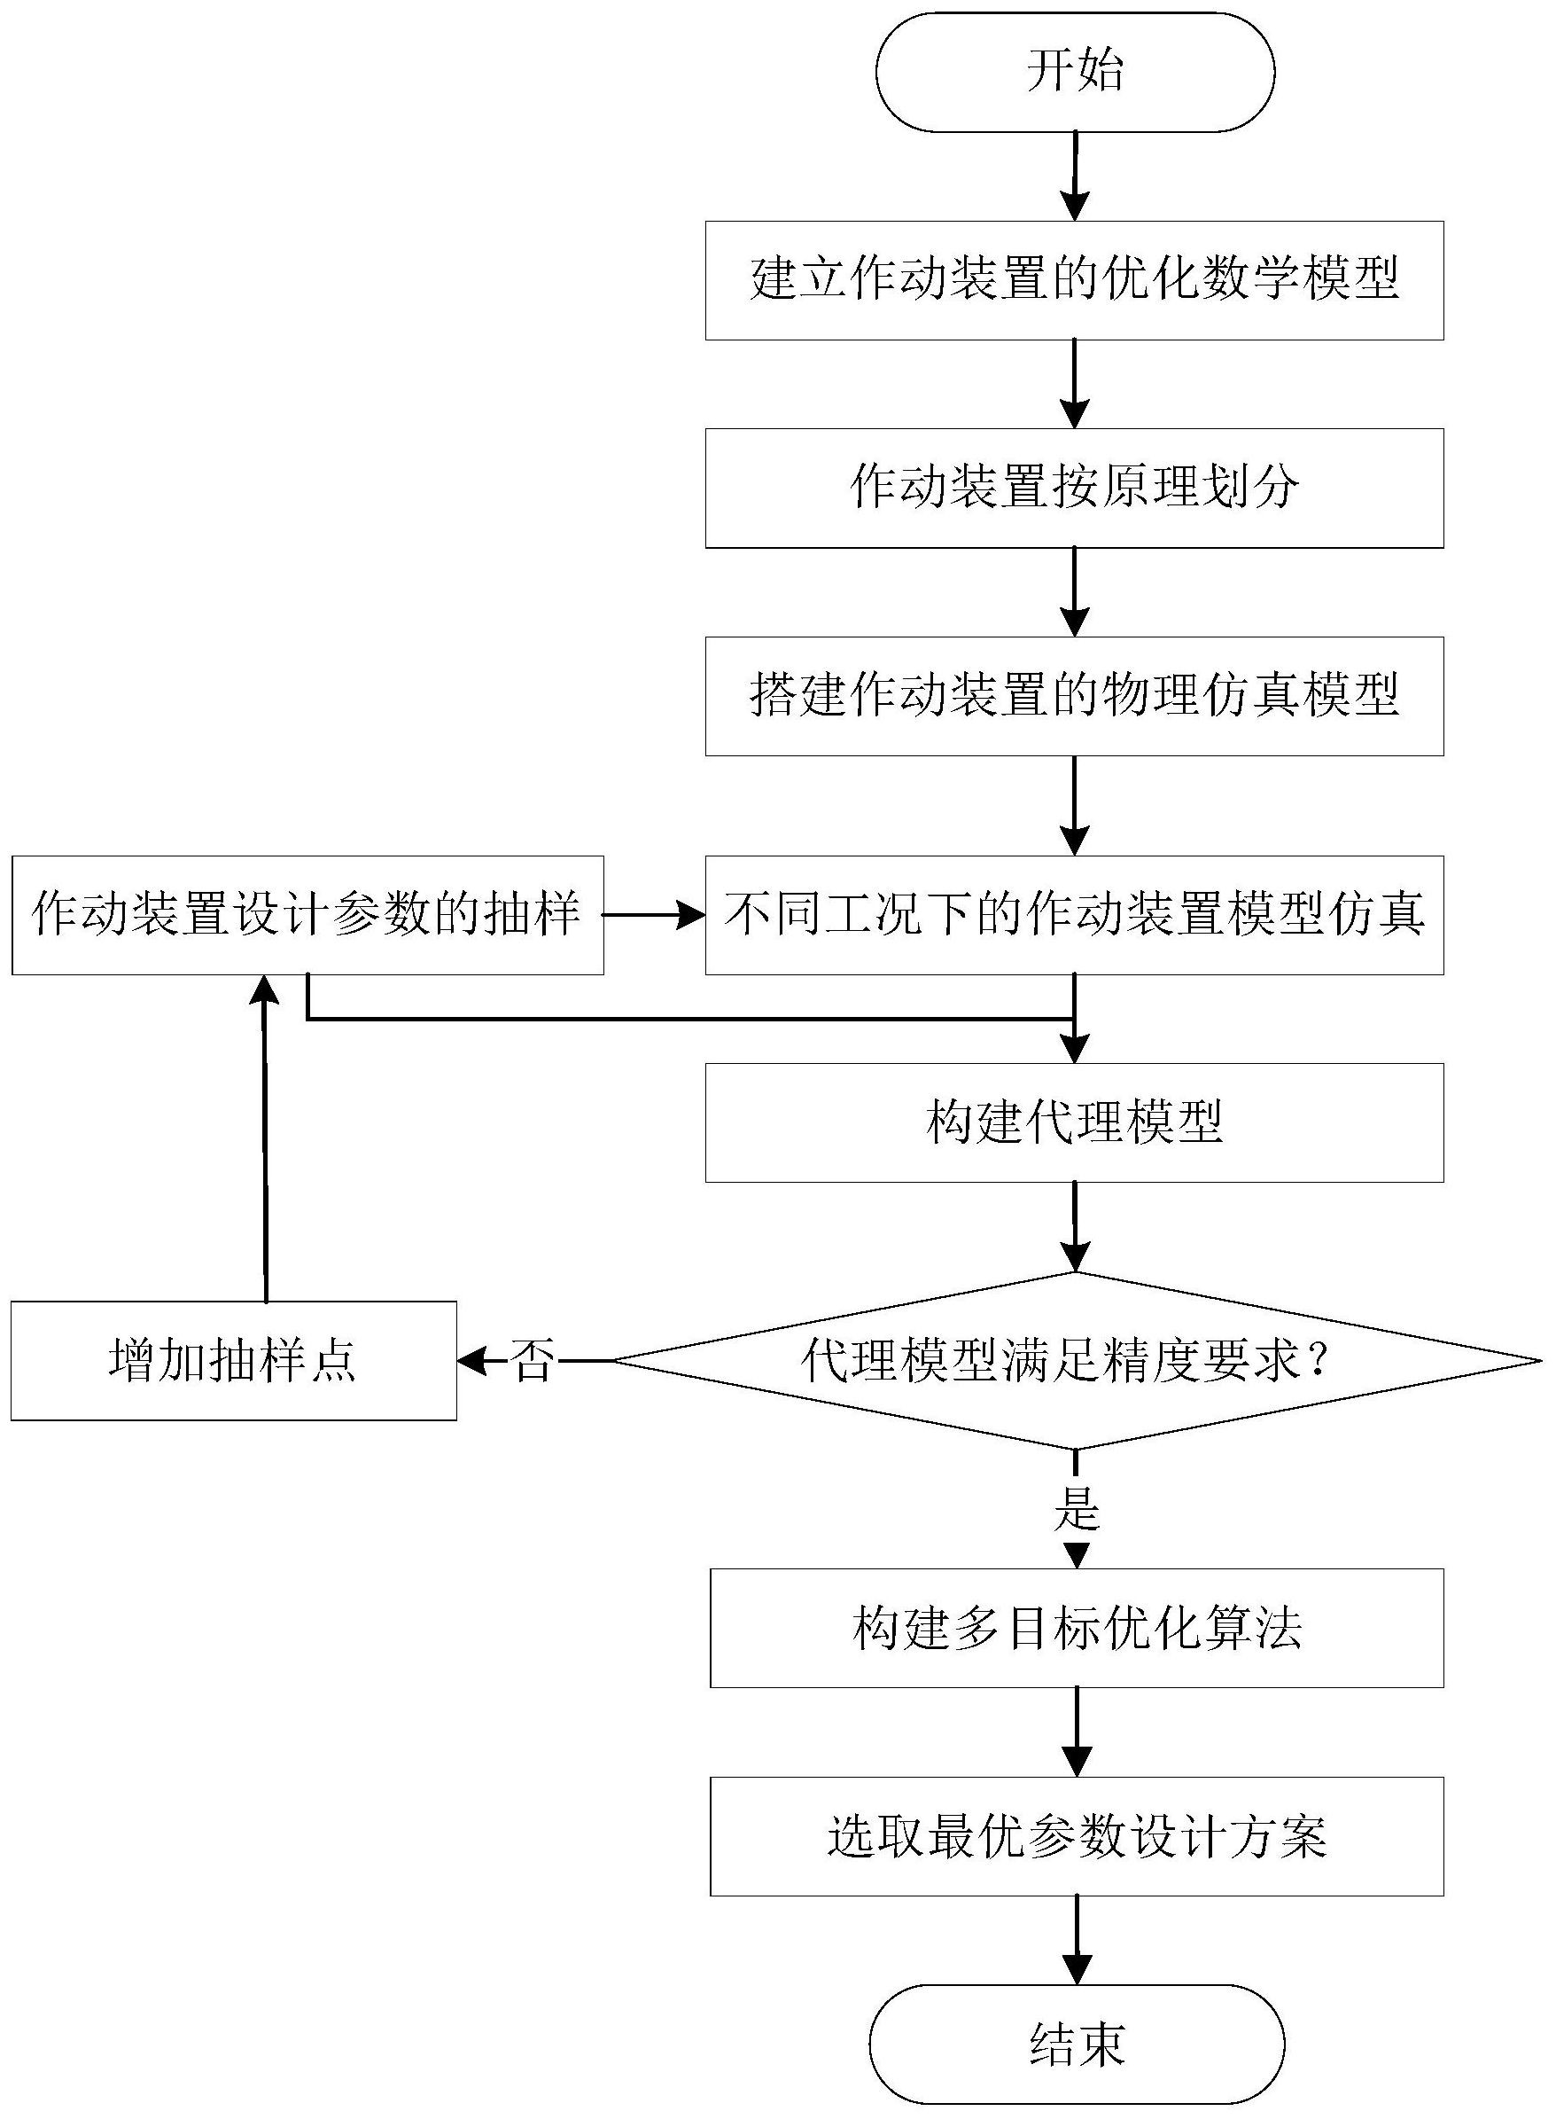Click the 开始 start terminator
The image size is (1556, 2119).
pos(1074,72)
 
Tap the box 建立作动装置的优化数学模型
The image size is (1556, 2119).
pos(1074,280)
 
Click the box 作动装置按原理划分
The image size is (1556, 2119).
pos(1074,488)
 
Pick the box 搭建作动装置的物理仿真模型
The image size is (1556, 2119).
pos(1074,696)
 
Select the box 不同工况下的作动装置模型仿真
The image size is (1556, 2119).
pos(1074,914)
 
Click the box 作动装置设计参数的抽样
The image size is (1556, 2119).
pos(307,914)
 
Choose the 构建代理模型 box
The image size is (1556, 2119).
pos(1074,1122)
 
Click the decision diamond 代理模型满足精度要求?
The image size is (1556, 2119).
pos(1074,1361)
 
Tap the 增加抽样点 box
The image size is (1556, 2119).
pos(234,1361)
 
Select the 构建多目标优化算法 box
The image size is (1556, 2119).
pos(1076,1628)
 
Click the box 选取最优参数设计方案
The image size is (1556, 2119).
pos(1076,1836)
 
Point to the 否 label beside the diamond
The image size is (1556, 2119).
pos(533,1362)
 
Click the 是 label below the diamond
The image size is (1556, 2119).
pos(1076,1508)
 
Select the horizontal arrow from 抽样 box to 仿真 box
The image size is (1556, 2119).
pos(654,914)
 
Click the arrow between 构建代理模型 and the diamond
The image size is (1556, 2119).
pos(1074,1226)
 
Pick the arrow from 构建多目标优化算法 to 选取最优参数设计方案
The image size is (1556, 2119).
pos(1076,1732)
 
